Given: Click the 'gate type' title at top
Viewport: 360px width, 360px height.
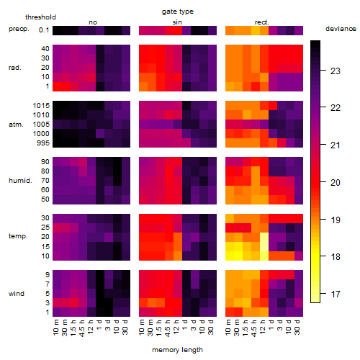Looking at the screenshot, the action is (178, 12).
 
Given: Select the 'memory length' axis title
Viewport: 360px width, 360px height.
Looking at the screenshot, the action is (177, 350).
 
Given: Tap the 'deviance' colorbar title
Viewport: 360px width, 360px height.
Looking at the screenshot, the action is (341, 29).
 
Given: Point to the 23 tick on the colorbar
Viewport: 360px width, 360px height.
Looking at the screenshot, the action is (323, 71).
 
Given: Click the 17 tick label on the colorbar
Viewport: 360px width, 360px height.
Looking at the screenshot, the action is (336, 294).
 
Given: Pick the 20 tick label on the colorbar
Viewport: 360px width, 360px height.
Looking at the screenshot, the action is (336, 183).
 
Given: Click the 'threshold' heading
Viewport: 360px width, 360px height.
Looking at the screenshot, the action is (40, 17).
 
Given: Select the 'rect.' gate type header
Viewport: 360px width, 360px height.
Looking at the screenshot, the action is (261, 22).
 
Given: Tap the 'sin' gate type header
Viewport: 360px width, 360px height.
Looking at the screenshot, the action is (177, 22).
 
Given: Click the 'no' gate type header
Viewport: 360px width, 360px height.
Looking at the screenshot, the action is (93, 22).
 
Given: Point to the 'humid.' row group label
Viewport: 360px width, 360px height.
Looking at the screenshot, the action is (20, 181).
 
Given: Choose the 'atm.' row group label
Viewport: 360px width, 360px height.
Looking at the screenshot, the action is (16, 125).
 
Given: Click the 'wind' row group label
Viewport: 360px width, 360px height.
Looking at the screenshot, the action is (17, 294).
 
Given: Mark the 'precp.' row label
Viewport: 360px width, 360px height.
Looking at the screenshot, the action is (19, 29).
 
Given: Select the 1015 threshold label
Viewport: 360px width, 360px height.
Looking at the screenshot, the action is (41, 106).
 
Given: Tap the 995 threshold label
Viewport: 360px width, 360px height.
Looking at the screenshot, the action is (43, 143).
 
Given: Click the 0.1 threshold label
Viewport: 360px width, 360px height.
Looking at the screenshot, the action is (44, 30).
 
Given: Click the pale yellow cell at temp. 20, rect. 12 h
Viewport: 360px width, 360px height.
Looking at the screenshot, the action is (264, 237).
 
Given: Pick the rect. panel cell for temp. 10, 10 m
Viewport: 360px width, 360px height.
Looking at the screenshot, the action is (230, 256).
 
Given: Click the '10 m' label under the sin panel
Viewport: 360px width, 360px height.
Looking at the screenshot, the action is (143, 327).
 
